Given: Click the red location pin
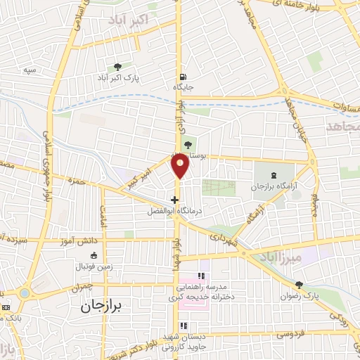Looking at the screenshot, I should (181, 166).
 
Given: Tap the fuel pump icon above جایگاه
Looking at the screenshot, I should (184, 77).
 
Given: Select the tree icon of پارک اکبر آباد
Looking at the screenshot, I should (117, 67).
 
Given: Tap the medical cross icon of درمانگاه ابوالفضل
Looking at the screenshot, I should (175, 199).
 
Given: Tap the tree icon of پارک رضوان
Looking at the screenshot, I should (300, 285).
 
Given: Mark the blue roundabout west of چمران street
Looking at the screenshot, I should (25, 292).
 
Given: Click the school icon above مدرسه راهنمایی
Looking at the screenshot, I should (200, 276).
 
